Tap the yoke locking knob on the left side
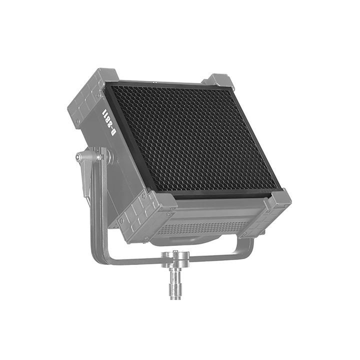80,157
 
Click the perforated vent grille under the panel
200,227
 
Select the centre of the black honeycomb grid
192,137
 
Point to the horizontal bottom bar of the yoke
175,257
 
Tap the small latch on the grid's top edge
155,82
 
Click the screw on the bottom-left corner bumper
122,220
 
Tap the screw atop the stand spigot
175,253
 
